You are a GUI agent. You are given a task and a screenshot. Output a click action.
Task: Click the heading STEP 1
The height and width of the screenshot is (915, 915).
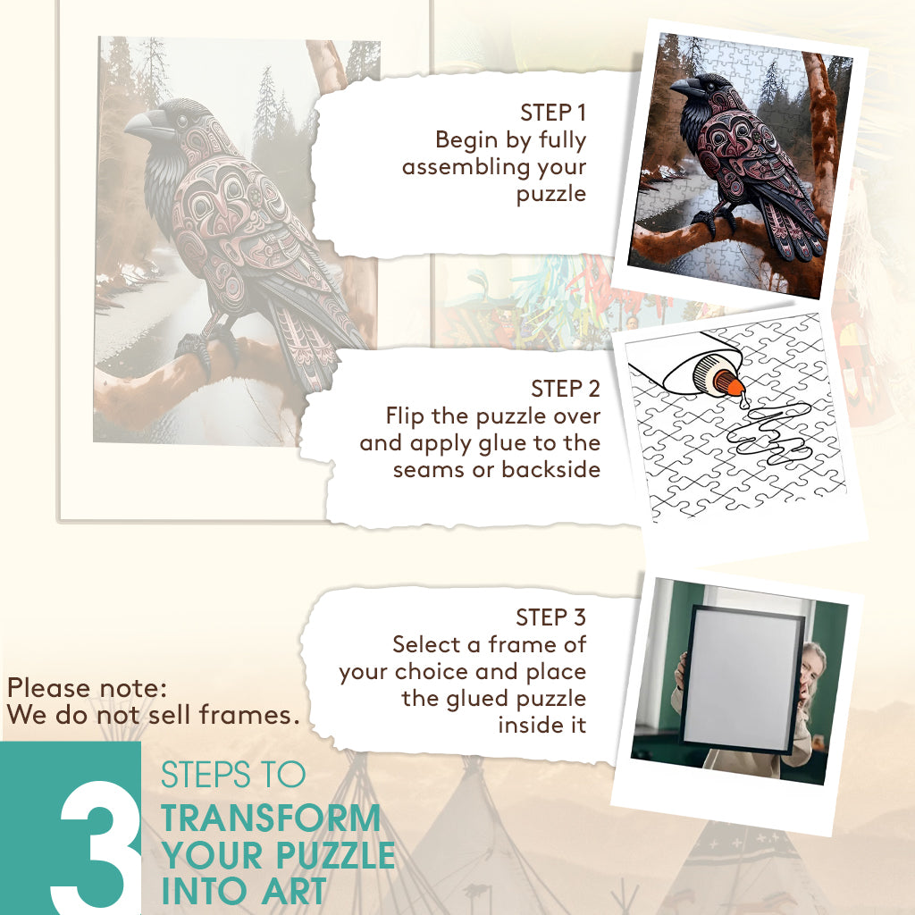tap(552, 113)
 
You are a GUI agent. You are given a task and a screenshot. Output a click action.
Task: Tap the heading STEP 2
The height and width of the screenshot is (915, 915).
tap(566, 389)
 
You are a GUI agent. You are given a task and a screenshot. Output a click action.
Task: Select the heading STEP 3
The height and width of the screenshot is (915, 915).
tap(550, 617)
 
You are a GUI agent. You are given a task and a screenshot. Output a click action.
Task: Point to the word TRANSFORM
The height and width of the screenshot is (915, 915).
tap(271, 818)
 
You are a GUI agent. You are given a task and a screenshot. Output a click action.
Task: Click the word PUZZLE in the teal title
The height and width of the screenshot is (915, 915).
tap(336, 855)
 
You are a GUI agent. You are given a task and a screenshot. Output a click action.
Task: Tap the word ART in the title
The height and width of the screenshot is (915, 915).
tap(293, 892)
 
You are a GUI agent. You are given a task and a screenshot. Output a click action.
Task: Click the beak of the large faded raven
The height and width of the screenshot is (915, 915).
tap(144, 124)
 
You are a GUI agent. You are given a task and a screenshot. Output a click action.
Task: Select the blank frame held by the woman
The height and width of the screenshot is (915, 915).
tap(741, 680)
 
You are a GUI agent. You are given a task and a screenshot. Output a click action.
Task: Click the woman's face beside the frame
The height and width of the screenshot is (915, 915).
tap(812, 671)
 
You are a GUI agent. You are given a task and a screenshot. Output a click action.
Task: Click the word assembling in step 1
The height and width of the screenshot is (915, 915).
tap(465, 167)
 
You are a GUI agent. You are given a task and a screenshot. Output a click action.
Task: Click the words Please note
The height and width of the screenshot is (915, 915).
tap(87, 688)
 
